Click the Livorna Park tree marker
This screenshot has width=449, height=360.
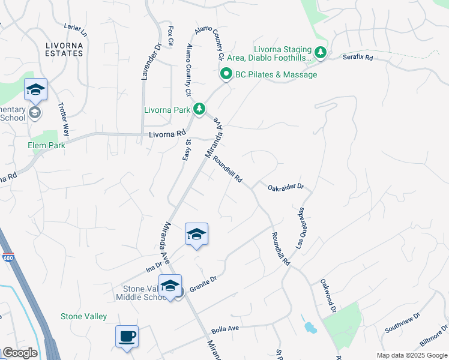point(199,109)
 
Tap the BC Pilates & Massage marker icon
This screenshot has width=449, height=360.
point(226,74)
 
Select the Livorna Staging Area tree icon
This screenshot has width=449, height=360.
point(321,53)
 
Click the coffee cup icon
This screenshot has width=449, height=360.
point(127,337)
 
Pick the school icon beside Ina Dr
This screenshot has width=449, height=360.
point(196,233)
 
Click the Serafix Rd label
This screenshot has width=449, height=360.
point(358,58)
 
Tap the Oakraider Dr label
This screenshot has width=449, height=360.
point(286,187)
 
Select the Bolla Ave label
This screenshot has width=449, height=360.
point(226,329)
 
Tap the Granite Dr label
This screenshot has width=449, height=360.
point(203,284)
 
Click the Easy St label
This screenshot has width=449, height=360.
point(186,150)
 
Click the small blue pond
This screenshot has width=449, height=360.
point(310,328)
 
